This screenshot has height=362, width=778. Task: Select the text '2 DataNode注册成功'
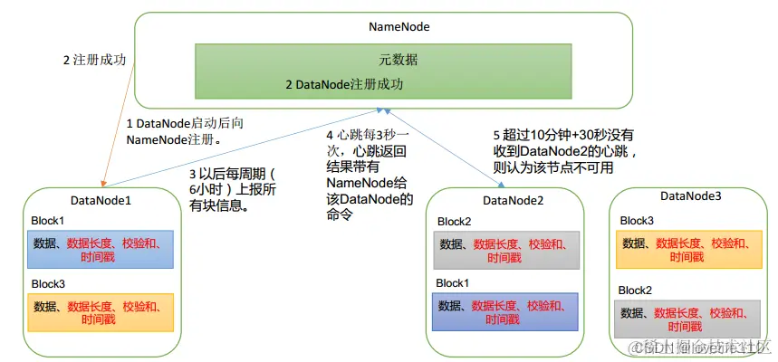(344, 84)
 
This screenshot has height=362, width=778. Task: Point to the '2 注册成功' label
(94, 60)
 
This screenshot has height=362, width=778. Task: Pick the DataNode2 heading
(513, 200)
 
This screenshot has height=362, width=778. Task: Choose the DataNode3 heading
(690, 195)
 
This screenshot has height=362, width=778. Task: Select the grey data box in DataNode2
(504, 251)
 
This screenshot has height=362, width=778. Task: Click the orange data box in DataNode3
(687, 250)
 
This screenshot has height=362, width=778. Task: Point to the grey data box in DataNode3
(687, 319)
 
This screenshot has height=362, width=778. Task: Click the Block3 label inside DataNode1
(49, 283)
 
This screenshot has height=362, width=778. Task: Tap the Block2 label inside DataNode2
(455, 221)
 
